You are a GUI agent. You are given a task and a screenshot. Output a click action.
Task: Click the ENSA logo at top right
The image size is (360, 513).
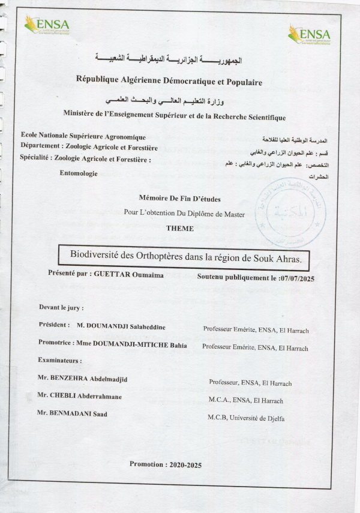pyautogui.click(x=309, y=34)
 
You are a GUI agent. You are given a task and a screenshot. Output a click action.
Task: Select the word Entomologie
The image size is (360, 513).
pyautogui.click(x=79, y=173)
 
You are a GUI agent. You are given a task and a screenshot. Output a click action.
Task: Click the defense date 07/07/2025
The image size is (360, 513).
pyautogui.click(x=297, y=278)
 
